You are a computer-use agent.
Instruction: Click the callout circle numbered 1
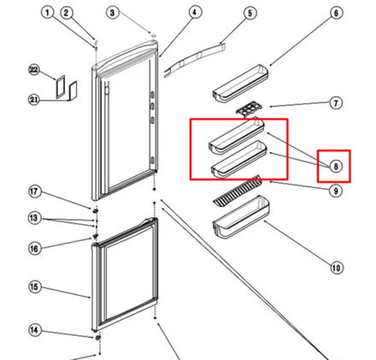click(48, 13)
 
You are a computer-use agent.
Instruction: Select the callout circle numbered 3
click(113, 13)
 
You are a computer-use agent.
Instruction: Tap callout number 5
click(250, 13)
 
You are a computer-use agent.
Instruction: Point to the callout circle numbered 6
click(336, 13)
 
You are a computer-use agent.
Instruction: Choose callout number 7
click(336, 103)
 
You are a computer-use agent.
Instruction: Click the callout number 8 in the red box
click(336, 166)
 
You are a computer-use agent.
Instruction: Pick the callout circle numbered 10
click(336, 268)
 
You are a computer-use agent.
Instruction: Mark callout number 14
click(34, 330)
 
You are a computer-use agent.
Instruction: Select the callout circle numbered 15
click(34, 286)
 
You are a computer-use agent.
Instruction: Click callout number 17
click(34, 192)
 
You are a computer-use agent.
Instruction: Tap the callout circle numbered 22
click(34, 70)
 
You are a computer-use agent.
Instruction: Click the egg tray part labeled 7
click(249, 109)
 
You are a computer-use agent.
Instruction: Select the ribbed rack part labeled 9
click(238, 191)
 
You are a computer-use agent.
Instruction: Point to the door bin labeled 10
click(241, 216)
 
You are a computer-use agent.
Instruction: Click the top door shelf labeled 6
click(240, 83)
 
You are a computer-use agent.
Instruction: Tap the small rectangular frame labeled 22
click(61, 87)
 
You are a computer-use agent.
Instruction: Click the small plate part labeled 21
click(73, 91)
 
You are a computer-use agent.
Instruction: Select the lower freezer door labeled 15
click(125, 274)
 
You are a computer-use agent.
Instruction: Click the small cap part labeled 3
click(154, 35)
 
